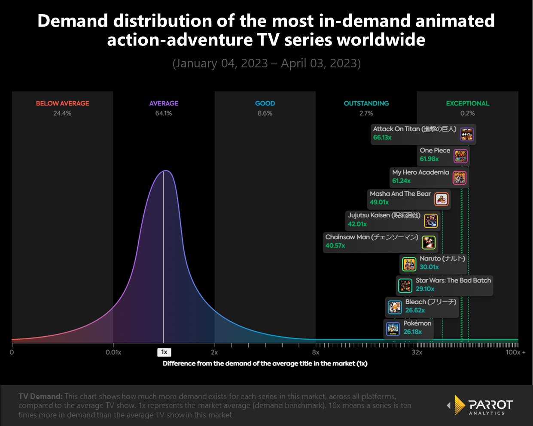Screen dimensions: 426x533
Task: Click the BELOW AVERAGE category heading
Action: click(x=62, y=103)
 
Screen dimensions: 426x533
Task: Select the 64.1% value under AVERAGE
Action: click(x=164, y=113)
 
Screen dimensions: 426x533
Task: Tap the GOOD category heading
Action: click(x=265, y=103)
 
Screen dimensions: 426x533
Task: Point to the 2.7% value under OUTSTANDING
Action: click(x=366, y=113)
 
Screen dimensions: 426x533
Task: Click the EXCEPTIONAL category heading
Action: click(x=467, y=103)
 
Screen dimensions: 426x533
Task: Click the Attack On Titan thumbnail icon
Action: click(x=467, y=134)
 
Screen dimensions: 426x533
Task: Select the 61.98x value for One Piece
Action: click(x=429, y=159)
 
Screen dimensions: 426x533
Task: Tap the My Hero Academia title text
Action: click(x=420, y=172)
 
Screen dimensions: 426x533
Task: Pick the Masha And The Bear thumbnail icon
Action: click(x=441, y=199)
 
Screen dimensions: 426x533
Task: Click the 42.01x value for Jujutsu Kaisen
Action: click(x=357, y=224)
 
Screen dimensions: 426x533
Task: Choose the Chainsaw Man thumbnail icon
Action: click(x=428, y=242)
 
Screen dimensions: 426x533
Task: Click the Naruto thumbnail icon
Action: click(x=409, y=264)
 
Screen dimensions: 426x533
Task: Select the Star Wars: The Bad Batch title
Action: click(x=453, y=280)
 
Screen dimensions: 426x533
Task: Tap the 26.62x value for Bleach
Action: click(x=415, y=310)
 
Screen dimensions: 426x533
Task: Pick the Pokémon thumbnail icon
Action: click(x=393, y=329)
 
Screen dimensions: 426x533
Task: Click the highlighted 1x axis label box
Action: click(x=164, y=352)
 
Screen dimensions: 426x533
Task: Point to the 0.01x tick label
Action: click(x=113, y=352)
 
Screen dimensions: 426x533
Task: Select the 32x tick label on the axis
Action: click(x=417, y=352)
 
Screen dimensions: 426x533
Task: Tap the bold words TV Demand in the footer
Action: click(x=40, y=396)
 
